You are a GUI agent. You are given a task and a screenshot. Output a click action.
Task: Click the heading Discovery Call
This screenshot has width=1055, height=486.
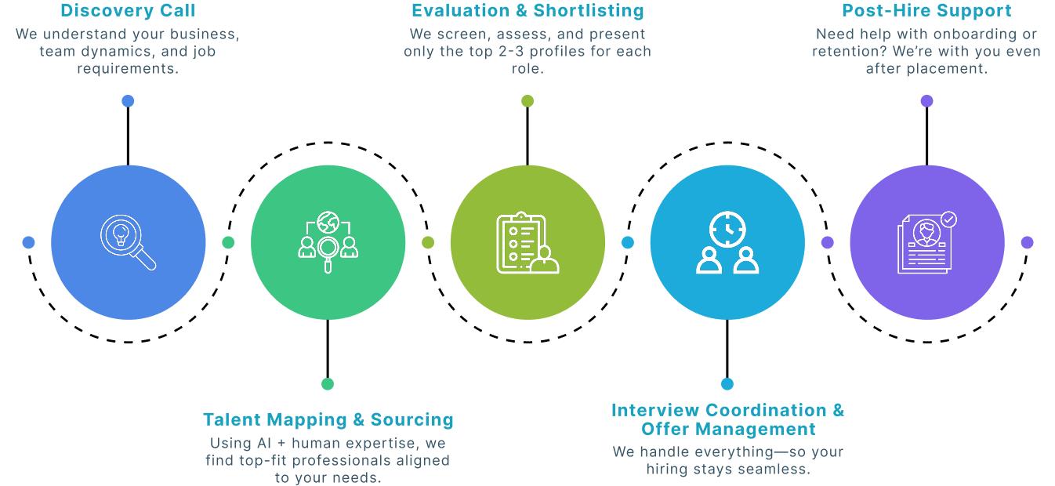[128, 11]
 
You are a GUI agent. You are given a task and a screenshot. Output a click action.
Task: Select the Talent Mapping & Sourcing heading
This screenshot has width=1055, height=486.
[328, 419]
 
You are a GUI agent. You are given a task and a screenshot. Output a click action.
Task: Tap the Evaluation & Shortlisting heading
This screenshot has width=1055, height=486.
[527, 11]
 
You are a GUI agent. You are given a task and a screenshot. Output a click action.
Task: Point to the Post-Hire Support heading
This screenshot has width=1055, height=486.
[926, 11]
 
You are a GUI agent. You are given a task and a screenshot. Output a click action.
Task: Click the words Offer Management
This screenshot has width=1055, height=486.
[728, 430]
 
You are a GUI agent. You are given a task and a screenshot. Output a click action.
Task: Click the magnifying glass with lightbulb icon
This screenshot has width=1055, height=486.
[128, 242]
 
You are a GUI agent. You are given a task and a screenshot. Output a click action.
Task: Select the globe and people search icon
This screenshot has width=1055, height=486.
[328, 242]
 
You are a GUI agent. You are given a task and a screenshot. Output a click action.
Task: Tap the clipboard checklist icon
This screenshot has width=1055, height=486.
[527, 243]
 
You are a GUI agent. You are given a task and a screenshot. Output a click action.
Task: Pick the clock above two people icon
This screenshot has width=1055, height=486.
[727, 242]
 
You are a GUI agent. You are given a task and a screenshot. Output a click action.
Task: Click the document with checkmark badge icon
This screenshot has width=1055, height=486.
[927, 242]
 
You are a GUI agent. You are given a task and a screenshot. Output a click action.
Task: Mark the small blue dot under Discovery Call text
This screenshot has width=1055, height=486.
[128, 101]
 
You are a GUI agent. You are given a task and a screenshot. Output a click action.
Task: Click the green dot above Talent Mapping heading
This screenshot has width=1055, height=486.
[328, 383]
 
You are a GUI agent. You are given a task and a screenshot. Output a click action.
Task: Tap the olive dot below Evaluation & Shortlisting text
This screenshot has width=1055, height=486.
[527, 101]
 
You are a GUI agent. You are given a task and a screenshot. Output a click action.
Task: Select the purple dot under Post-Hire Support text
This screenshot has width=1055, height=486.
[926, 101]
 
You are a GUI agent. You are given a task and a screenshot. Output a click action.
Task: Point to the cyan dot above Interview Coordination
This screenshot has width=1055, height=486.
[727, 383]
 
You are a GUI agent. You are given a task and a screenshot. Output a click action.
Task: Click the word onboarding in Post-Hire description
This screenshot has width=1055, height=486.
[977, 34]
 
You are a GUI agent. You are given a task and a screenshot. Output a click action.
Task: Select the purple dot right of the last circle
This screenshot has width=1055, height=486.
[1027, 242]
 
